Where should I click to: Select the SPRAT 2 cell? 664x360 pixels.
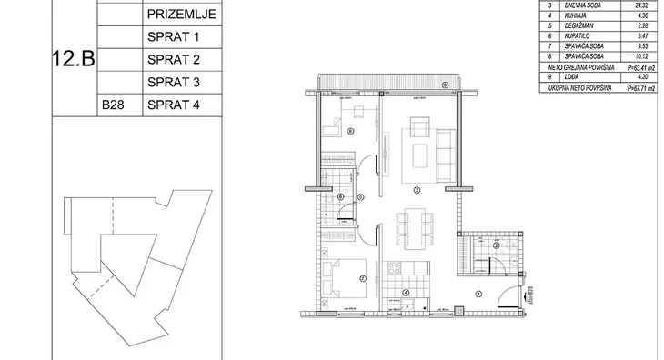tap(173, 60)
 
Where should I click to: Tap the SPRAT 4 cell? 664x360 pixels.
tap(173, 105)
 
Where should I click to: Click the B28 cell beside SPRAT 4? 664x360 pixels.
tap(113, 105)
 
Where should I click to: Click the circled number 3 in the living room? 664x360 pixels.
tap(416, 190)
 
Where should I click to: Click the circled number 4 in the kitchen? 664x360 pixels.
tap(406, 293)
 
